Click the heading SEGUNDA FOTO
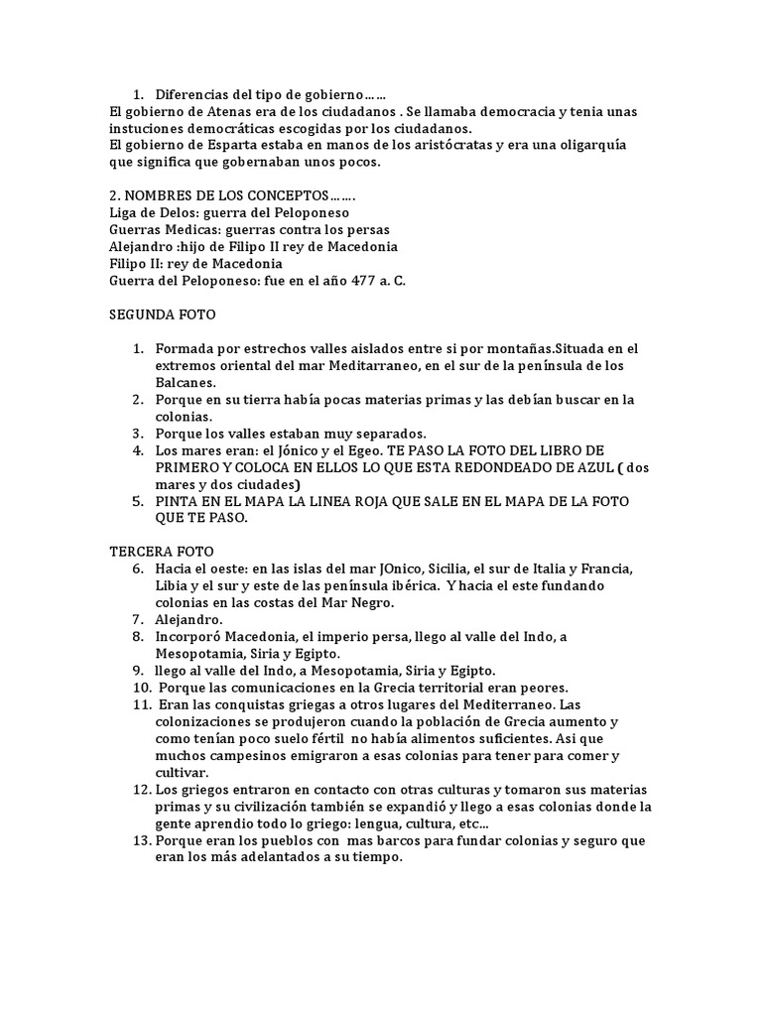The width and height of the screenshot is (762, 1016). (162, 315)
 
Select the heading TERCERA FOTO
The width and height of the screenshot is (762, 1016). (161, 551)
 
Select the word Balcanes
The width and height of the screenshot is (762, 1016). (185, 382)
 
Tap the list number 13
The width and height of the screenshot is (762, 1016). (140, 840)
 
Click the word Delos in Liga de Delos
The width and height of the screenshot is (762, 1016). (180, 212)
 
